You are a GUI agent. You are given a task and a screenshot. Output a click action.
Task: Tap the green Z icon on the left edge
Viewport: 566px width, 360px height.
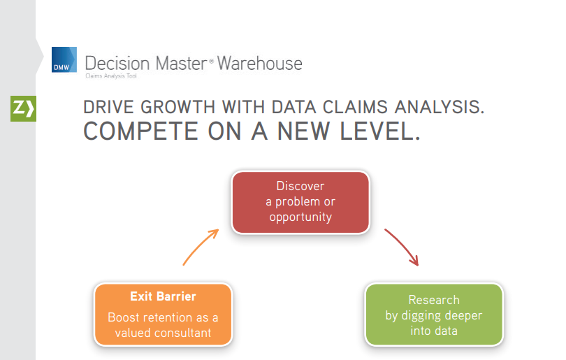pos(22,108)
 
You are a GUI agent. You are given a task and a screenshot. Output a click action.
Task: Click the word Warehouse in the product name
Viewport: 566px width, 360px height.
pos(259,63)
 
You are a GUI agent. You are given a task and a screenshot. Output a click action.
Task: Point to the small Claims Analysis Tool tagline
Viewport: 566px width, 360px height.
pos(111,75)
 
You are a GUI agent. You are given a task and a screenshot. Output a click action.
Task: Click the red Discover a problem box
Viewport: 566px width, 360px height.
pos(300,202)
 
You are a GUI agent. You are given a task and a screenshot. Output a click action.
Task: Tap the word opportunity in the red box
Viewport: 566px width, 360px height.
pos(300,217)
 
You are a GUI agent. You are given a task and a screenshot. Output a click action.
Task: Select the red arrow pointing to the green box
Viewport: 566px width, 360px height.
pos(402,247)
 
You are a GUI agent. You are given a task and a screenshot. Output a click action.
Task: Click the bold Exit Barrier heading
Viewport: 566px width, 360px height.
pos(162,296)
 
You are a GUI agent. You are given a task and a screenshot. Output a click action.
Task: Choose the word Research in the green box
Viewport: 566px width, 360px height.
pos(434,300)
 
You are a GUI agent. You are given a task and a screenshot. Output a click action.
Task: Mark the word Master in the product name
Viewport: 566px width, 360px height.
pos(177,63)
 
